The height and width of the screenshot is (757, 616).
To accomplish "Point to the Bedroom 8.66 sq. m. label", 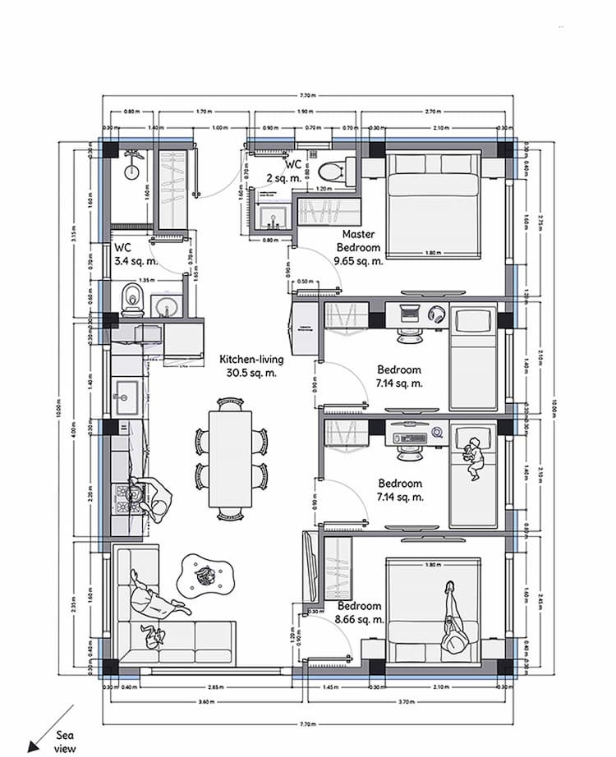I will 361,613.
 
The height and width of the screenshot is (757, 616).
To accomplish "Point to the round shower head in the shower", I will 131,171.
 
